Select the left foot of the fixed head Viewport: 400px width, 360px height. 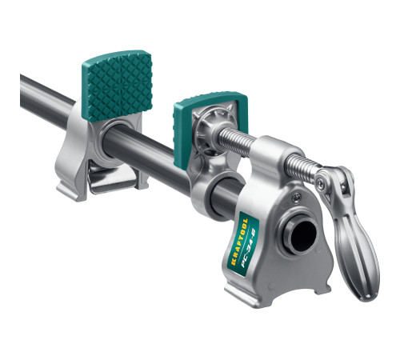pyautogui.click(x=240, y=293)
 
